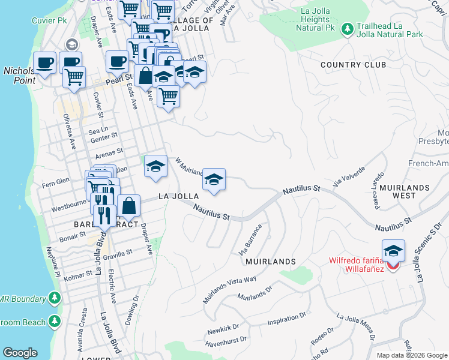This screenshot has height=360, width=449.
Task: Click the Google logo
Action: click(x=20, y=353)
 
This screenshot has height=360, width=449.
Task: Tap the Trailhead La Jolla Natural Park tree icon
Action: click(x=347, y=29)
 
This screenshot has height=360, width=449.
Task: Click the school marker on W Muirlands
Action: click(x=213, y=180)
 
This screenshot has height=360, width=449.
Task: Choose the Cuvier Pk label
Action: click(x=49, y=20)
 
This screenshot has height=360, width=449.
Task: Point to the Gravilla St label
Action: click(x=118, y=254)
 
